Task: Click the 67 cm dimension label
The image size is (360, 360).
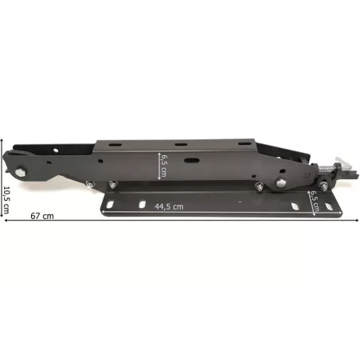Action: tap(42, 216)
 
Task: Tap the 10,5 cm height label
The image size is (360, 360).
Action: tap(5, 201)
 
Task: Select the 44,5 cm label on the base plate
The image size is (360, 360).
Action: tap(169, 206)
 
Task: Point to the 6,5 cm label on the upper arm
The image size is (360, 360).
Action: tap(163, 166)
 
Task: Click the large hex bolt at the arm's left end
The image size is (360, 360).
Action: tap(21, 172)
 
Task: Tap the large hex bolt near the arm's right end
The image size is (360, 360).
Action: tap(280, 182)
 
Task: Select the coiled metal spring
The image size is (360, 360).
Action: tap(327, 168)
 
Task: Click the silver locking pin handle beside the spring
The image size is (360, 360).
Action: tap(343, 164)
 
